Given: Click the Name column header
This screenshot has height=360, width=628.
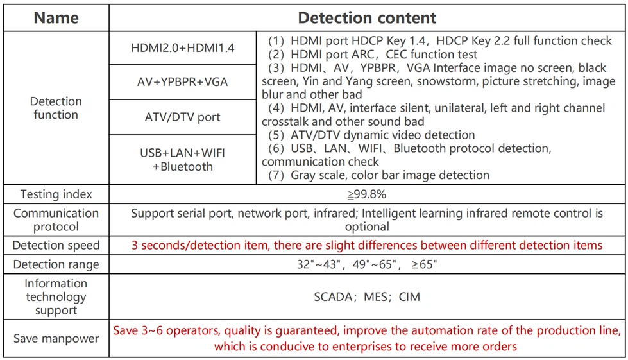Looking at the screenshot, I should (x=56, y=17).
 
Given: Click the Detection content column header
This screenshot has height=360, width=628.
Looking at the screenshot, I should (x=367, y=17).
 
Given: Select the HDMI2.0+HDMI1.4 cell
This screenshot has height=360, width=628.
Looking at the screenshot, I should (x=182, y=48).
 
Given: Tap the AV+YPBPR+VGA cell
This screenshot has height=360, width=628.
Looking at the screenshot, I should (x=182, y=82).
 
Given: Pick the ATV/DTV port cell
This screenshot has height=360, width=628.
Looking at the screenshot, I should (x=182, y=117).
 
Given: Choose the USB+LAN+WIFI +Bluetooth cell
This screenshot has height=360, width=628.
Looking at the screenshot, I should (x=182, y=160).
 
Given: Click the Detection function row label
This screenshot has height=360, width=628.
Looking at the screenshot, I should (x=56, y=108).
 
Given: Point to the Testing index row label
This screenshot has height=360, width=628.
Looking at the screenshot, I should (x=56, y=194).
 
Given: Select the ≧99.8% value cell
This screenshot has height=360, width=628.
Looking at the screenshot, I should (x=367, y=194).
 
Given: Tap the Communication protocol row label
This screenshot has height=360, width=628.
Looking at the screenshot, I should (x=56, y=219).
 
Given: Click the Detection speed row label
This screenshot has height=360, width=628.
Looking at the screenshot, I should (x=56, y=245).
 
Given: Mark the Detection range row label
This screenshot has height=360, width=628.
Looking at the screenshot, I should (x=56, y=264).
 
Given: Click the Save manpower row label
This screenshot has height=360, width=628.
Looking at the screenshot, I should (x=56, y=338).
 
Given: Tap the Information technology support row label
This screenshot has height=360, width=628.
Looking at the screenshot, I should (x=56, y=296).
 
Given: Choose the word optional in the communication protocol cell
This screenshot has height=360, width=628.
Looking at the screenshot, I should (x=367, y=227).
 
